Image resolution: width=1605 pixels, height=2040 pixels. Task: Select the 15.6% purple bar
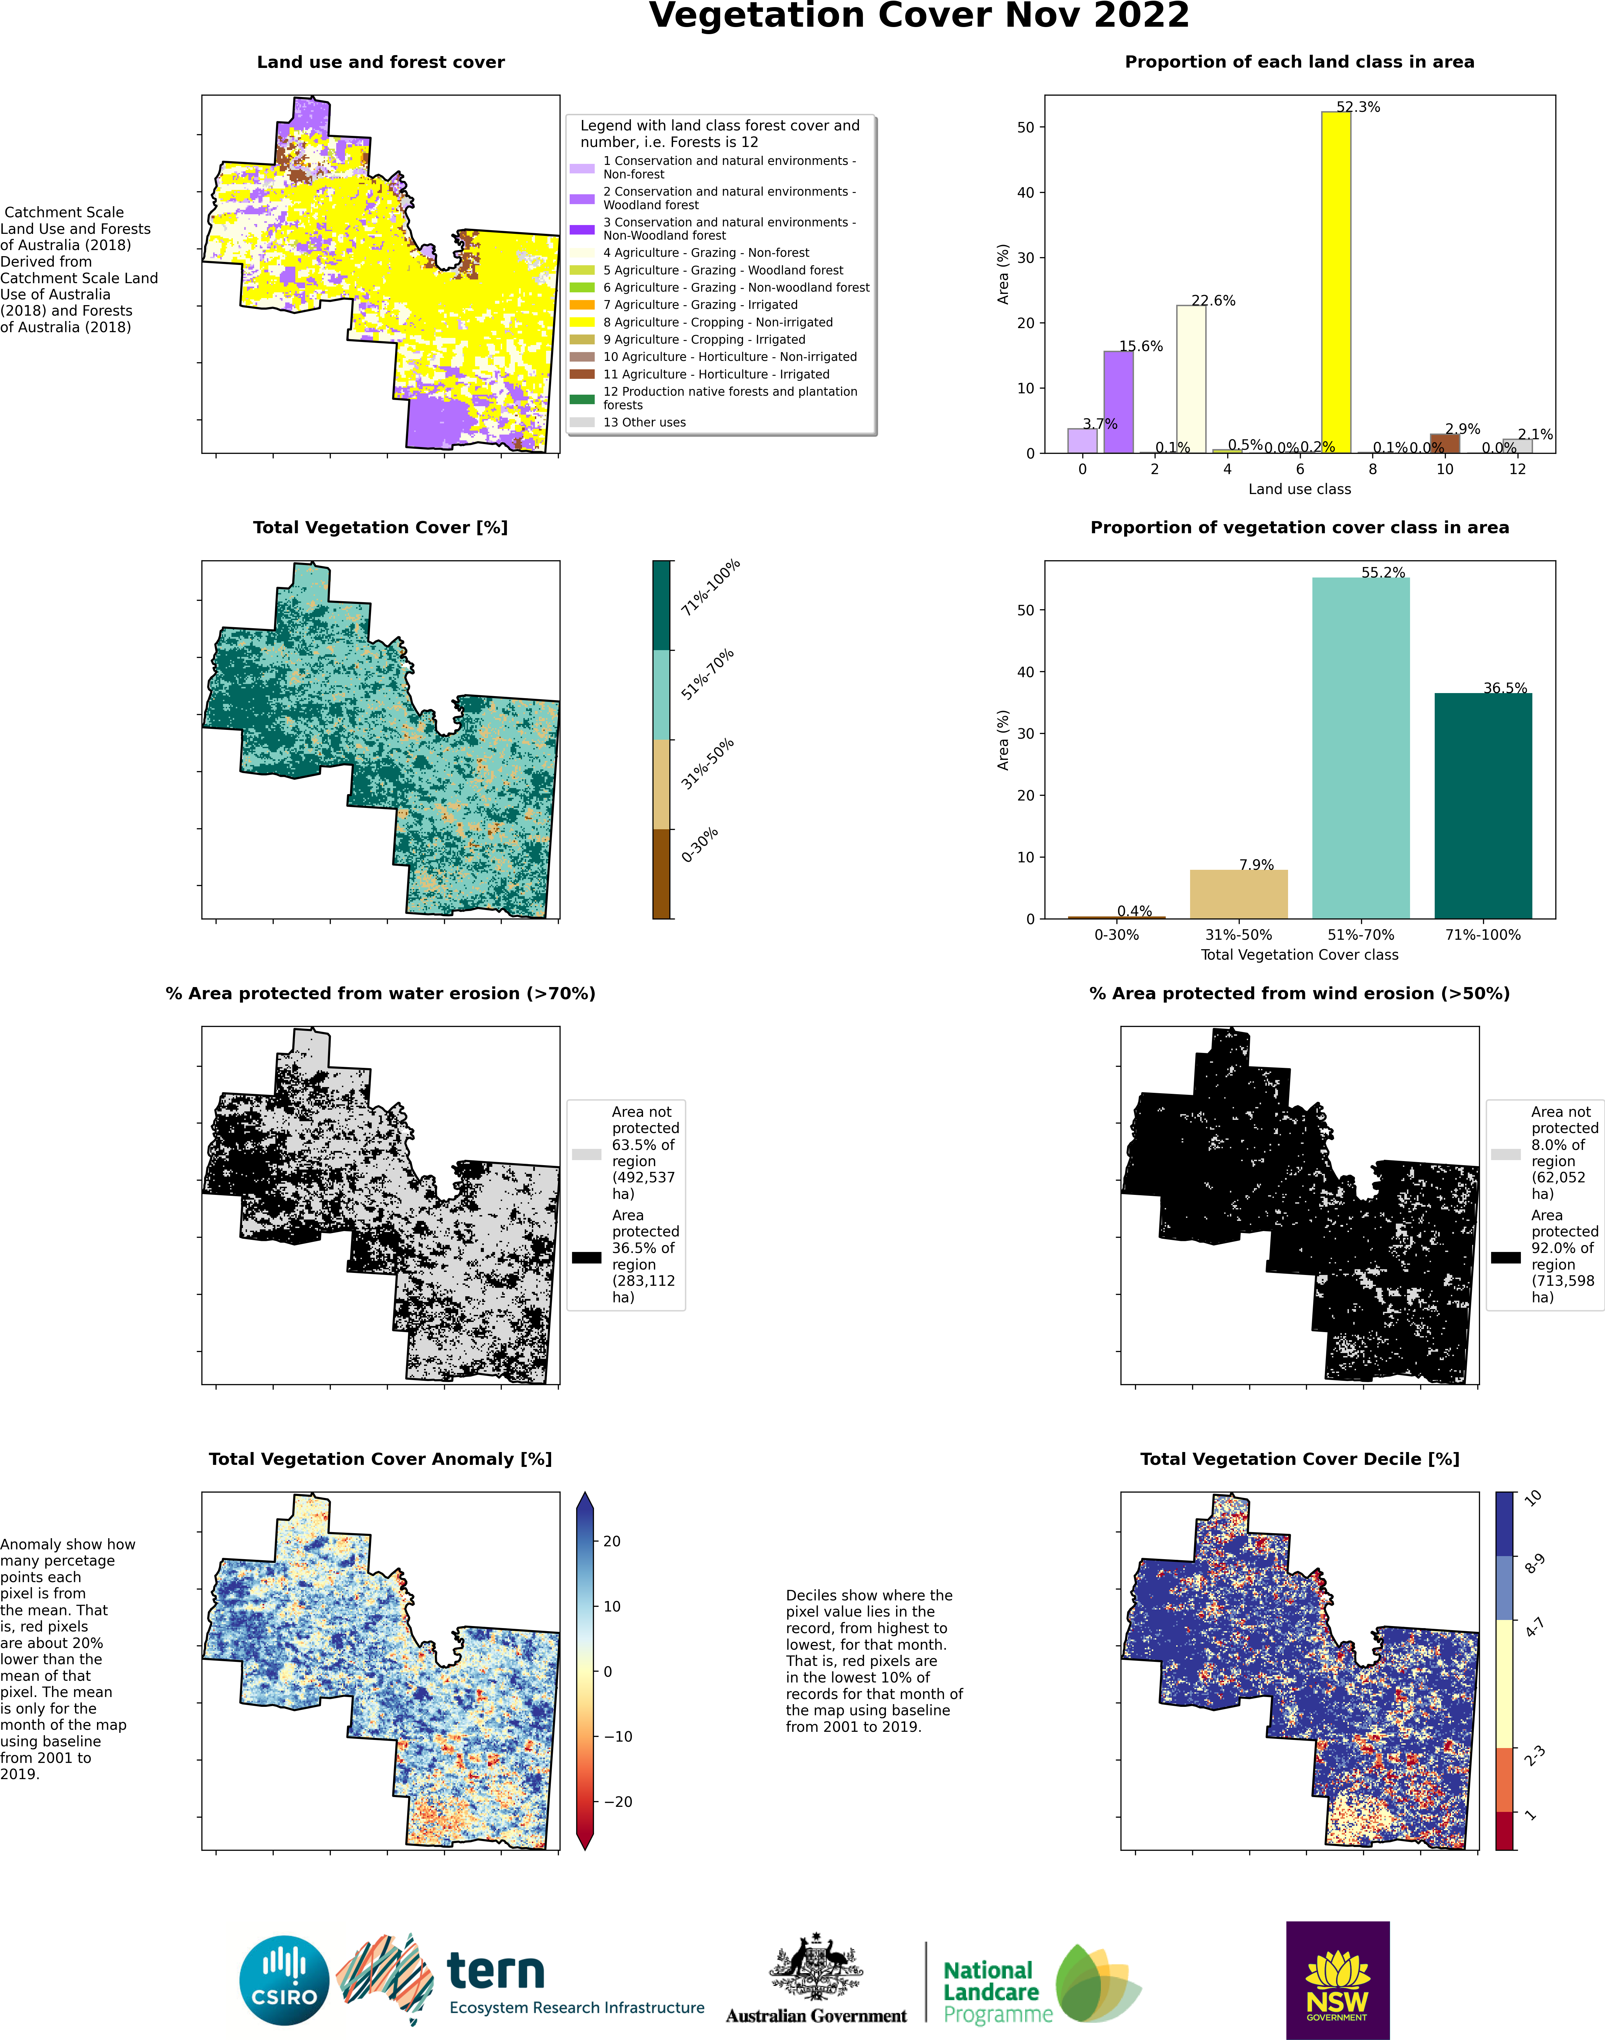click(1118, 402)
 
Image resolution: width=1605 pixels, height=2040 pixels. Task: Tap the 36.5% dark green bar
click(1483, 805)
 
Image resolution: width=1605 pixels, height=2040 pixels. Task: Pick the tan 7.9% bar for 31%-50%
click(1238, 893)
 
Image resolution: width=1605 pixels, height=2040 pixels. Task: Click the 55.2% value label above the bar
click(1383, 572)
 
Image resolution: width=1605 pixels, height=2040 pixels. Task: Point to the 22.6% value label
click(1213, 301)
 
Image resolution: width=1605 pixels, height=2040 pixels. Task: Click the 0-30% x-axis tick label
click(1116, 935)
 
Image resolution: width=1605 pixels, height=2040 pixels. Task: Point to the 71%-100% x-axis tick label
click(1483, 935)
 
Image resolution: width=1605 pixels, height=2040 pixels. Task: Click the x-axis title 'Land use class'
click(1300, 489)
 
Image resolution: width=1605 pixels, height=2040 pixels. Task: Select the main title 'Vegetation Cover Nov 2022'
click(919, 16)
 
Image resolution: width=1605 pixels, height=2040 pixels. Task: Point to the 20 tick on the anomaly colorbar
click(612, 1541)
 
